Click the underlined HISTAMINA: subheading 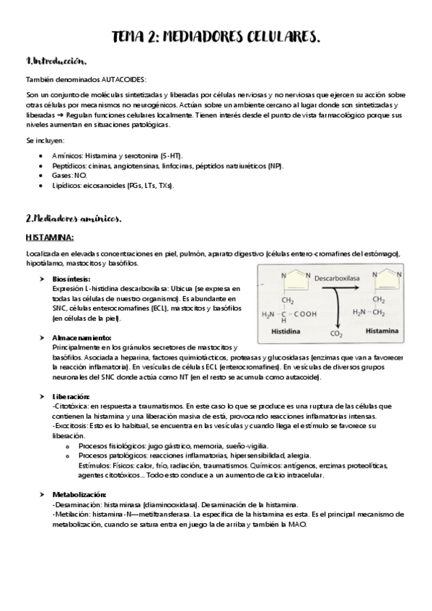pyautogui.click(x=50, y=237)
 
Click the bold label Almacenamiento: pyautogui.click(x=81, y=337)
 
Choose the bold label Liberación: pyautogui.click(x=71, y=396)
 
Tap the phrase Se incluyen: pyautogui.click(x=45, y=141)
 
